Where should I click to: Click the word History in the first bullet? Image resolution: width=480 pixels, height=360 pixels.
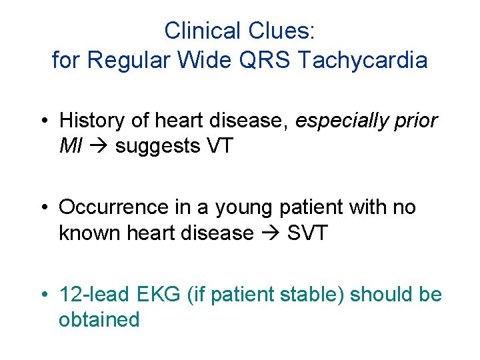tap(92, 121)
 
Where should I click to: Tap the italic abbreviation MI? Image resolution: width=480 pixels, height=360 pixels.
tap(69, 145)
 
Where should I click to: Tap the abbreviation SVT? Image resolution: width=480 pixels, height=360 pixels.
tap(307, 233)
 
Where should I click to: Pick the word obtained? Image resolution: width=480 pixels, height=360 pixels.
tap(99, 319)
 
